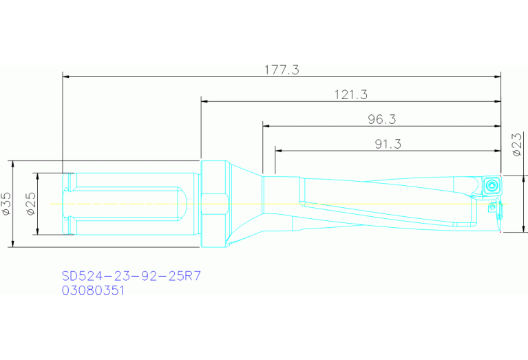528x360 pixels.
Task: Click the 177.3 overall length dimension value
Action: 282,70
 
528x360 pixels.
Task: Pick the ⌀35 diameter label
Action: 8,204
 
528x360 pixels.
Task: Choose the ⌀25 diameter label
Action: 30,204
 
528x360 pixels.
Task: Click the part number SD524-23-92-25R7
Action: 131,276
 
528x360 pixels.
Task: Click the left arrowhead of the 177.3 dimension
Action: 67,76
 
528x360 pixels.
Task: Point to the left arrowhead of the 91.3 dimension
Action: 279,150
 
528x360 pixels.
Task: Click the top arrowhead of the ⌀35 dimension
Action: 14,165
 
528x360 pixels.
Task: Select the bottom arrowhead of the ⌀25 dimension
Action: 38,231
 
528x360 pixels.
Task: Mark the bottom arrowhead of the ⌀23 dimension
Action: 525,229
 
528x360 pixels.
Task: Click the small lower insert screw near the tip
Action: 492,206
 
